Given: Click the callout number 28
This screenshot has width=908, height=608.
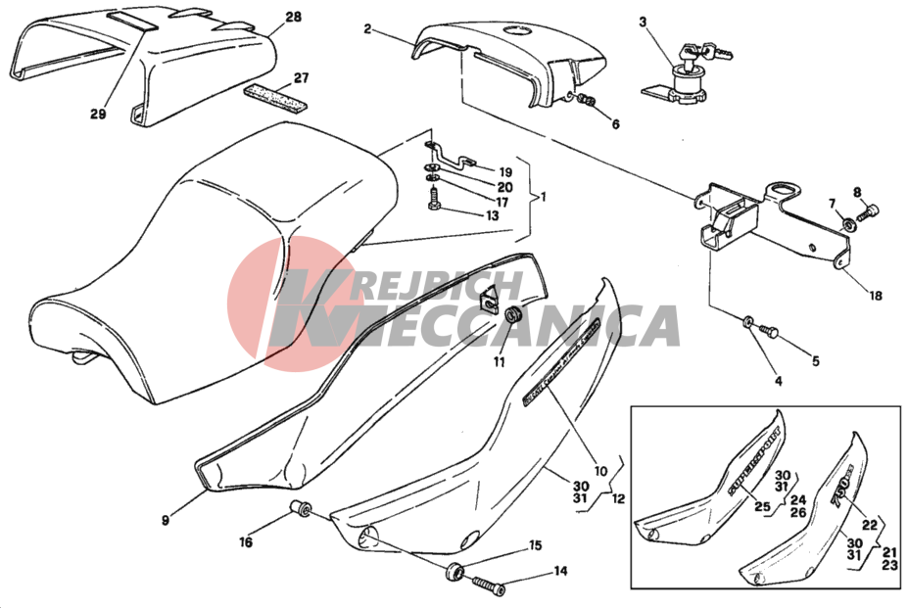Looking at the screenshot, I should [294, 18].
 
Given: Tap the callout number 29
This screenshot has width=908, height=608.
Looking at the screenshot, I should [97, 114].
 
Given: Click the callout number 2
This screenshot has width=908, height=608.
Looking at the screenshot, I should [367, 29].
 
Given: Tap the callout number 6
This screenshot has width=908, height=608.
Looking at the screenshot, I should [615, 124].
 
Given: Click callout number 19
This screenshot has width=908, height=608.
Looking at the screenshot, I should [505, 170].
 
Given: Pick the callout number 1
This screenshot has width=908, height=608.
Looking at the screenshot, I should [543, 196].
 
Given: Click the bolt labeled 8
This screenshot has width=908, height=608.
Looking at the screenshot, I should [869, 209].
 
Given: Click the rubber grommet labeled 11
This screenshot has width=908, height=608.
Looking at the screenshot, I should [511, 315].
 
